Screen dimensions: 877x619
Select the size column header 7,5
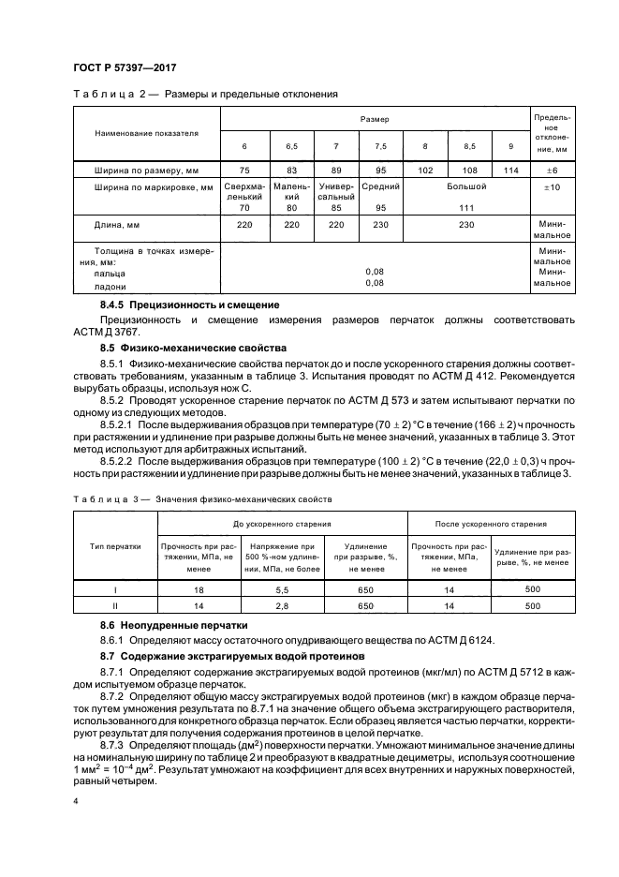(380, 147)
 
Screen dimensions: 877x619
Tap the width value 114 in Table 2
(509, 171)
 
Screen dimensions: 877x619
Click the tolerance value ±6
(552, 171)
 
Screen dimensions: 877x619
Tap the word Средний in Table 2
(380, 187)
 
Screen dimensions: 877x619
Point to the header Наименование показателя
(146, 133)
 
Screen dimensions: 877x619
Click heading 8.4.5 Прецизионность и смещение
(182, 305)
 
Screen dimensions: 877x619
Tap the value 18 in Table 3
(198, 591)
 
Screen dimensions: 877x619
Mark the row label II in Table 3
(115, 606)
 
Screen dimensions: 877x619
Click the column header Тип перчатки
(115, 545)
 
